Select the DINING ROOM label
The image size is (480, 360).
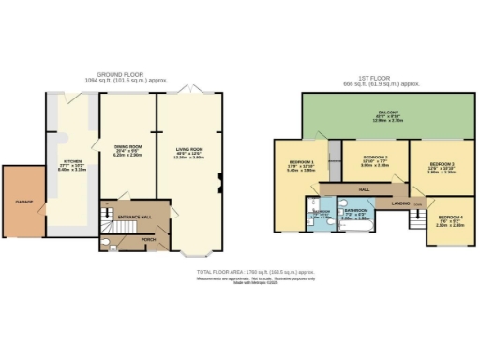(127, 148)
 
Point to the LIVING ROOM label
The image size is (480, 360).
(189, 148)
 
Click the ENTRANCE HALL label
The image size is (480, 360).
(134, 217)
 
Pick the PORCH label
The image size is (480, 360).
(148, 239)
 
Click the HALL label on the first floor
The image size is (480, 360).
(365, 188)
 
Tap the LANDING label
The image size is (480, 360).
(399, 202)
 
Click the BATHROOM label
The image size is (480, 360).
(358, 211)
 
